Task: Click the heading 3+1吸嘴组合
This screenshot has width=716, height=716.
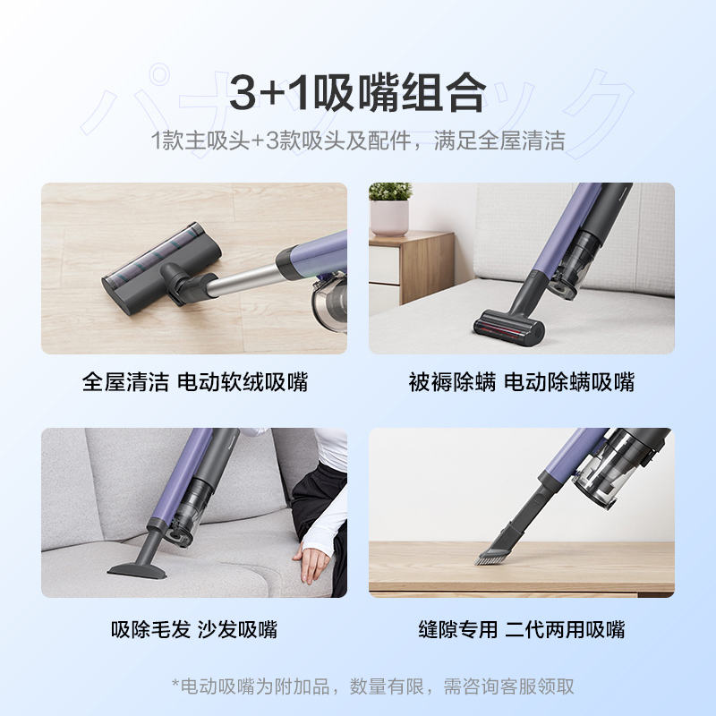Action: coord(357,93)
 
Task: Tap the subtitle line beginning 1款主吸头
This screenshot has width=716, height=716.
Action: coord(358,141)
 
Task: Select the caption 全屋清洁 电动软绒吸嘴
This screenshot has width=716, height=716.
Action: coord(195,382)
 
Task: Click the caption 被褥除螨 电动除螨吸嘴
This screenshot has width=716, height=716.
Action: coord(522,382)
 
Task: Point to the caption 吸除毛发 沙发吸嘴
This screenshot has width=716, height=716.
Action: coord(194,629)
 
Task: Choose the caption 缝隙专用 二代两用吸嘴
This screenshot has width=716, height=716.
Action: coord(522,629)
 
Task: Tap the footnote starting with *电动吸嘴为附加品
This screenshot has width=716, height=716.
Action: coord(372,686)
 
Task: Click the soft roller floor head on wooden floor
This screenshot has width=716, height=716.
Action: coord(161,268)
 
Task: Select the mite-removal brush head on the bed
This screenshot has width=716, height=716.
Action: coord(509,328)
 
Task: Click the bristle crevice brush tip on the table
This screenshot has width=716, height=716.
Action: coord(493,555)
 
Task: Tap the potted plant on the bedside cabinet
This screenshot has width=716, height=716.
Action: coord(389,209)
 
